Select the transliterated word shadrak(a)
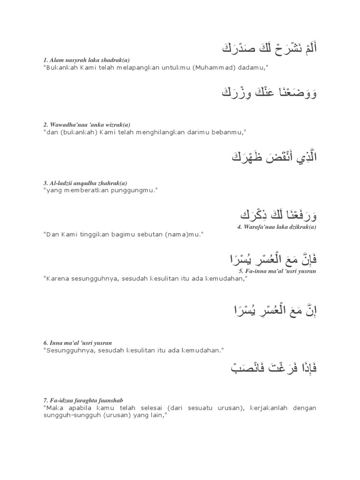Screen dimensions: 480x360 [x=112, y=60]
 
